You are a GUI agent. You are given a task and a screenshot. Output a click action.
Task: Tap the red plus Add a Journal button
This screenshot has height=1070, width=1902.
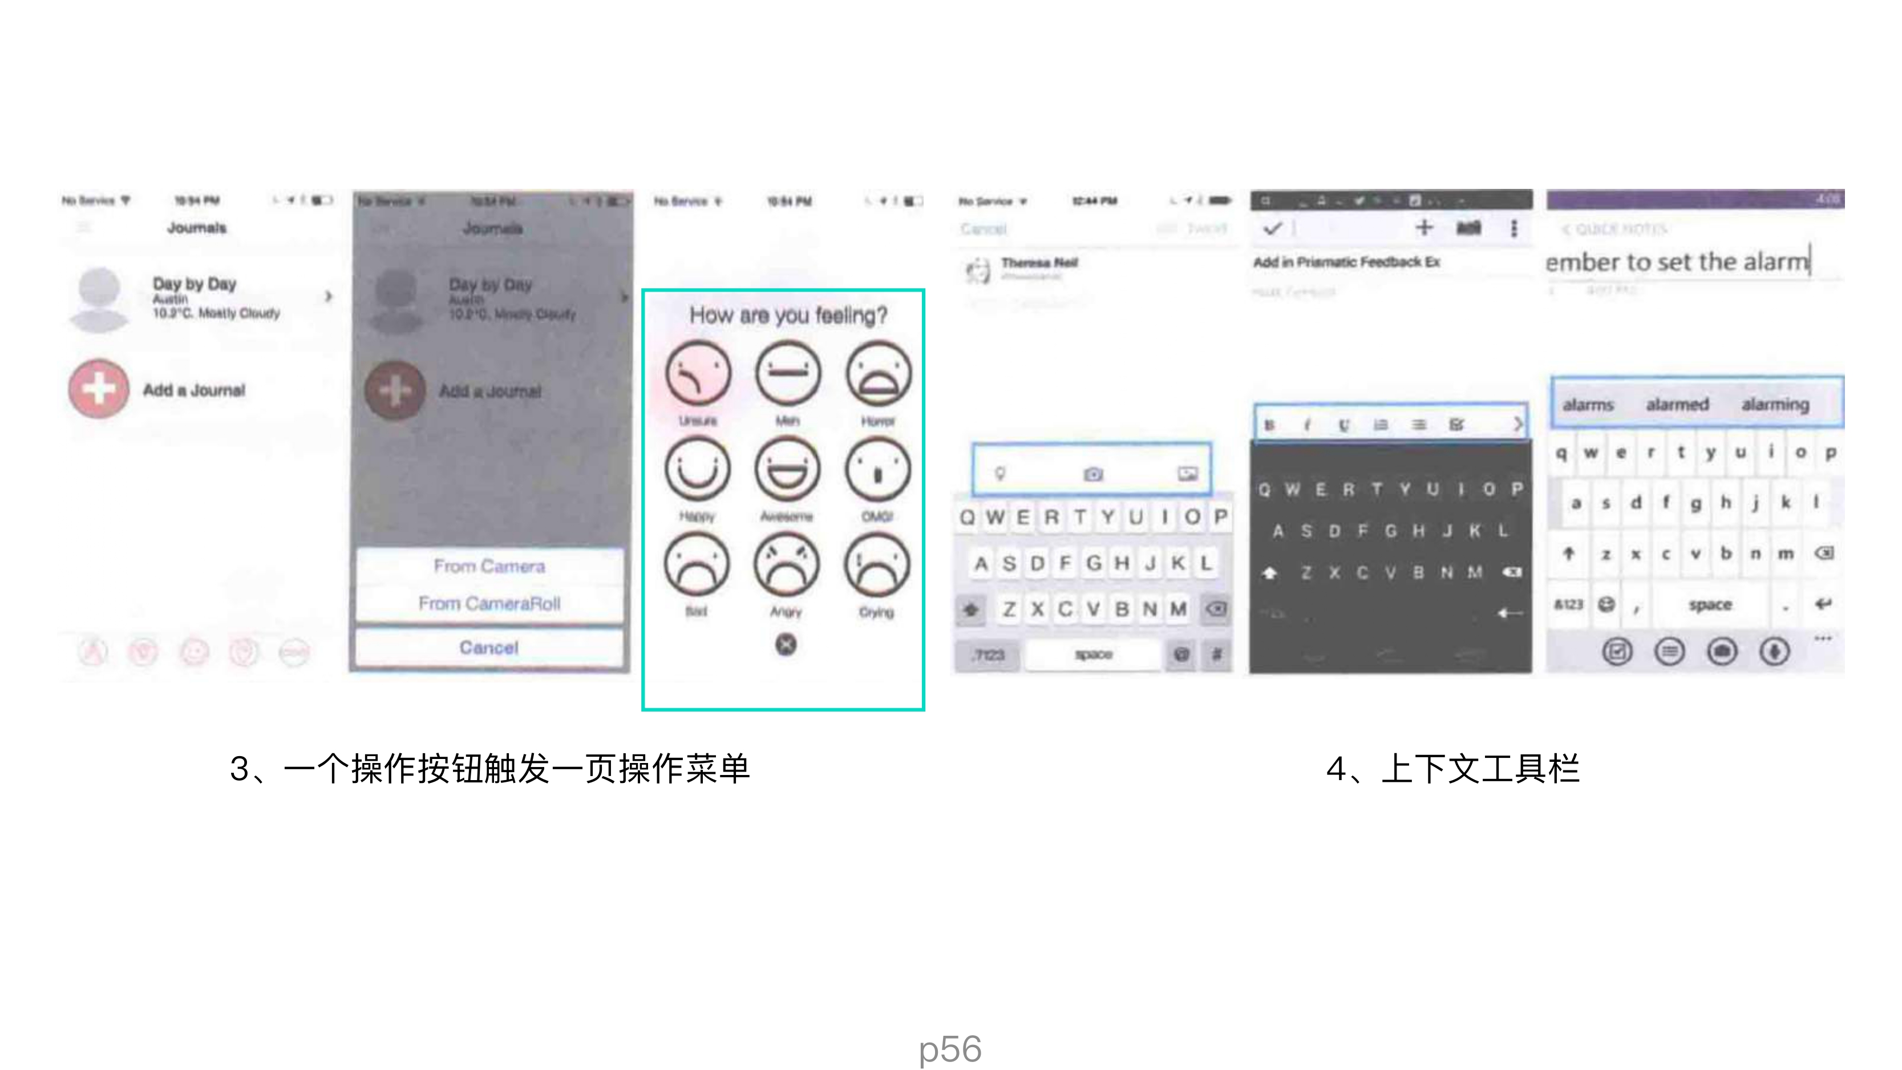(x=98, y=389)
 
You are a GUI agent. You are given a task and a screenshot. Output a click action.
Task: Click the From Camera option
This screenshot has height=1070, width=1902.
(x=489, y=566)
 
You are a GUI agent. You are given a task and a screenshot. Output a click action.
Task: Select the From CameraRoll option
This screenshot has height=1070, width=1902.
(x=489, y=603)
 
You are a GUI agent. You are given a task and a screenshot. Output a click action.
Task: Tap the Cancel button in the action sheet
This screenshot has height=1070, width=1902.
(x=489, y=648)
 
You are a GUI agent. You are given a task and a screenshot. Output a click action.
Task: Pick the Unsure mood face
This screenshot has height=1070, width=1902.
(x=698, y=374)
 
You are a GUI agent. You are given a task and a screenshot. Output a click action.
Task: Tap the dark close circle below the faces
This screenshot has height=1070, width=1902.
(x=786, y=645)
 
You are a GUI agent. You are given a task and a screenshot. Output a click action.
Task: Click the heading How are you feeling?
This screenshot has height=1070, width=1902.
(x=788, y=316)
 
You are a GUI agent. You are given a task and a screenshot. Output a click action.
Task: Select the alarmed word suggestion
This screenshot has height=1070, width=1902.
(x=1677, y=405)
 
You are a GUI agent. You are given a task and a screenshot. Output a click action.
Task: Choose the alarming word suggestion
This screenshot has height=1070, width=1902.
(x=1775, y=405)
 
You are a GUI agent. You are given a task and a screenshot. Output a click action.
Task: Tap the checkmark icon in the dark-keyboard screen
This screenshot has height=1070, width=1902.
(x=1272, y=228)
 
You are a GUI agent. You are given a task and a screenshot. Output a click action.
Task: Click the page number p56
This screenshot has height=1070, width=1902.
(x=950, y=1048)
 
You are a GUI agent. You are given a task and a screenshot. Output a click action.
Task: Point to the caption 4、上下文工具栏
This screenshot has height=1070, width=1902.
(x=1452, y=769)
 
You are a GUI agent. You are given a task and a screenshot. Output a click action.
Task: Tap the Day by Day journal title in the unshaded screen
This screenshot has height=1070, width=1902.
(x=194, y=284)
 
